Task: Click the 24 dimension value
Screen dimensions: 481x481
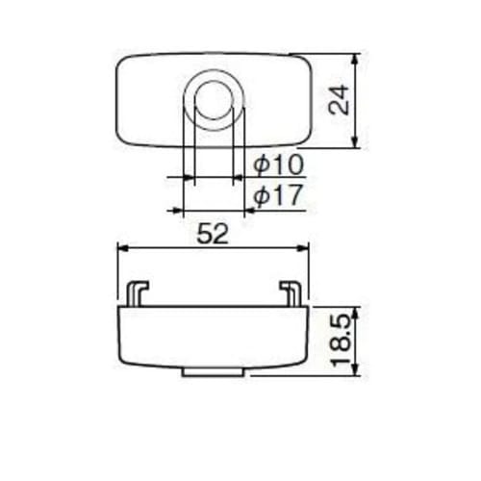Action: pyautogui.click(x=338, y=99)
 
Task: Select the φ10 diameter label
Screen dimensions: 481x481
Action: pyautogui.click(x=278, y=165)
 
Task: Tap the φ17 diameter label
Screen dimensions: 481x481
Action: pyautogui.click(x=278, y=197)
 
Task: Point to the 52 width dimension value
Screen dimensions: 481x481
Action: pyautogui.click(x=213, y=234)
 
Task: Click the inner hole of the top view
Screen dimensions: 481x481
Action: pyautogui.click(x=215, y=99)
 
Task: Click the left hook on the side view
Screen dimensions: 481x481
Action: pyautogui.click(x=138, y=291)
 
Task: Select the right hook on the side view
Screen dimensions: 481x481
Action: pyautogui.click(x=290, y=291)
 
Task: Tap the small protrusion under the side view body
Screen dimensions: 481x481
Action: pyautogui.click(x=213, y=370)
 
